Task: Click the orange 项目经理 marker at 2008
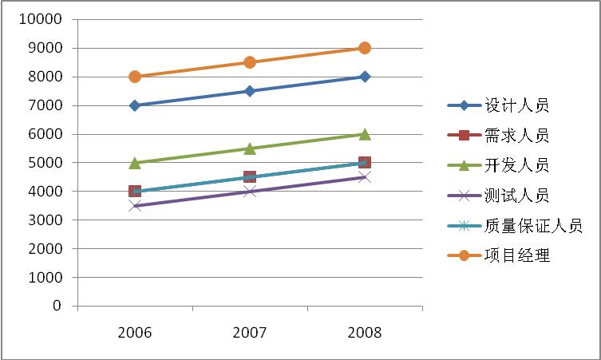click(x=365, y=48)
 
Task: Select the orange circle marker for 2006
click(x=135, y=77)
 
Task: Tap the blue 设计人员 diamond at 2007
click(x=250, y=91)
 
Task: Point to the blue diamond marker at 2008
click(x=365, y=77)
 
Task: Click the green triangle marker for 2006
click(x=135, y=163)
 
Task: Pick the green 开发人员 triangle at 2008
click(x=365, y=134)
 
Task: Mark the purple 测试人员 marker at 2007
click(x=250, y=191)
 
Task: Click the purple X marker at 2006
click(x=135, y=205)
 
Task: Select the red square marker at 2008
click(x=365, y=163)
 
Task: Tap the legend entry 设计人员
click(x=516, y=105)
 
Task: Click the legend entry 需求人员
click(x=516, y=136)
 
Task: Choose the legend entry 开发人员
click(x=516, y=166)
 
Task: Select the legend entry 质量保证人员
click(x=533, y=226)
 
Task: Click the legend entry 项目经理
click(x=516, y=256)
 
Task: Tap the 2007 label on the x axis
click(x=250, y=333)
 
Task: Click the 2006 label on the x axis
click(x=135, y=333)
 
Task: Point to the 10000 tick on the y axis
click(x=45, y=19)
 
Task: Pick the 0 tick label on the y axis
click(x=57, y=306)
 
